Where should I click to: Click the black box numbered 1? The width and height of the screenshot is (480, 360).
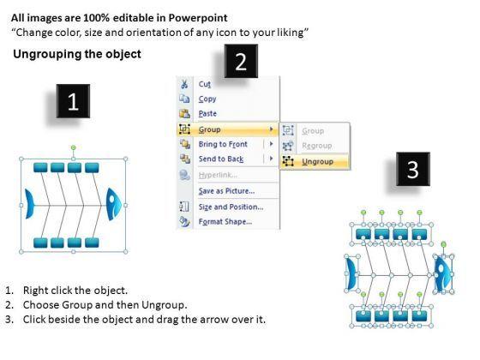coord(73,101)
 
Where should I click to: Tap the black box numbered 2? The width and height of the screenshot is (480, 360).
coord(241,61)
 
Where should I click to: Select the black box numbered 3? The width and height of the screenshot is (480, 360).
coord(413,169)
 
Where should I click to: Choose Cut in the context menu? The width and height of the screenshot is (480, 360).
coord(205,84)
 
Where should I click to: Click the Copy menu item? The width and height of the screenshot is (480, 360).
coord(207,99)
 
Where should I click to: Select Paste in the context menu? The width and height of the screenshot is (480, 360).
coord(207,113)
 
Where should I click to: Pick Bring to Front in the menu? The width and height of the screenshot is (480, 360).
coord(223,144)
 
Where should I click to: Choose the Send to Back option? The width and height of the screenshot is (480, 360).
coord(221,159)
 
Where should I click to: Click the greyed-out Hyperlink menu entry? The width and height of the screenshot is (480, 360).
coord(218,175)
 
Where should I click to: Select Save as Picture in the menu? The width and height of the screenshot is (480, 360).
coord(226,191)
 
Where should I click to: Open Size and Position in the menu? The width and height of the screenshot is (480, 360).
coord(231,207)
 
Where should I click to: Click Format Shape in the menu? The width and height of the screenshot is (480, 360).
coord(225,221)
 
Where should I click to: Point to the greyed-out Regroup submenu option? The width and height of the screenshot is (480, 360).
coord(317,146)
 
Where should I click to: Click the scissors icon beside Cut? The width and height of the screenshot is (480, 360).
coord(184,84)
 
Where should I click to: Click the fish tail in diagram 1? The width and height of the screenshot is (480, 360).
coord(29,204)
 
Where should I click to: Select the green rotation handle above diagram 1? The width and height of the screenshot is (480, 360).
coord(74,147)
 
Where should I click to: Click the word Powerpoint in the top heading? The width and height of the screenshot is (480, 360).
coord(198,18)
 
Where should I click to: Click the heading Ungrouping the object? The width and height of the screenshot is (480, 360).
coord(77,54)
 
